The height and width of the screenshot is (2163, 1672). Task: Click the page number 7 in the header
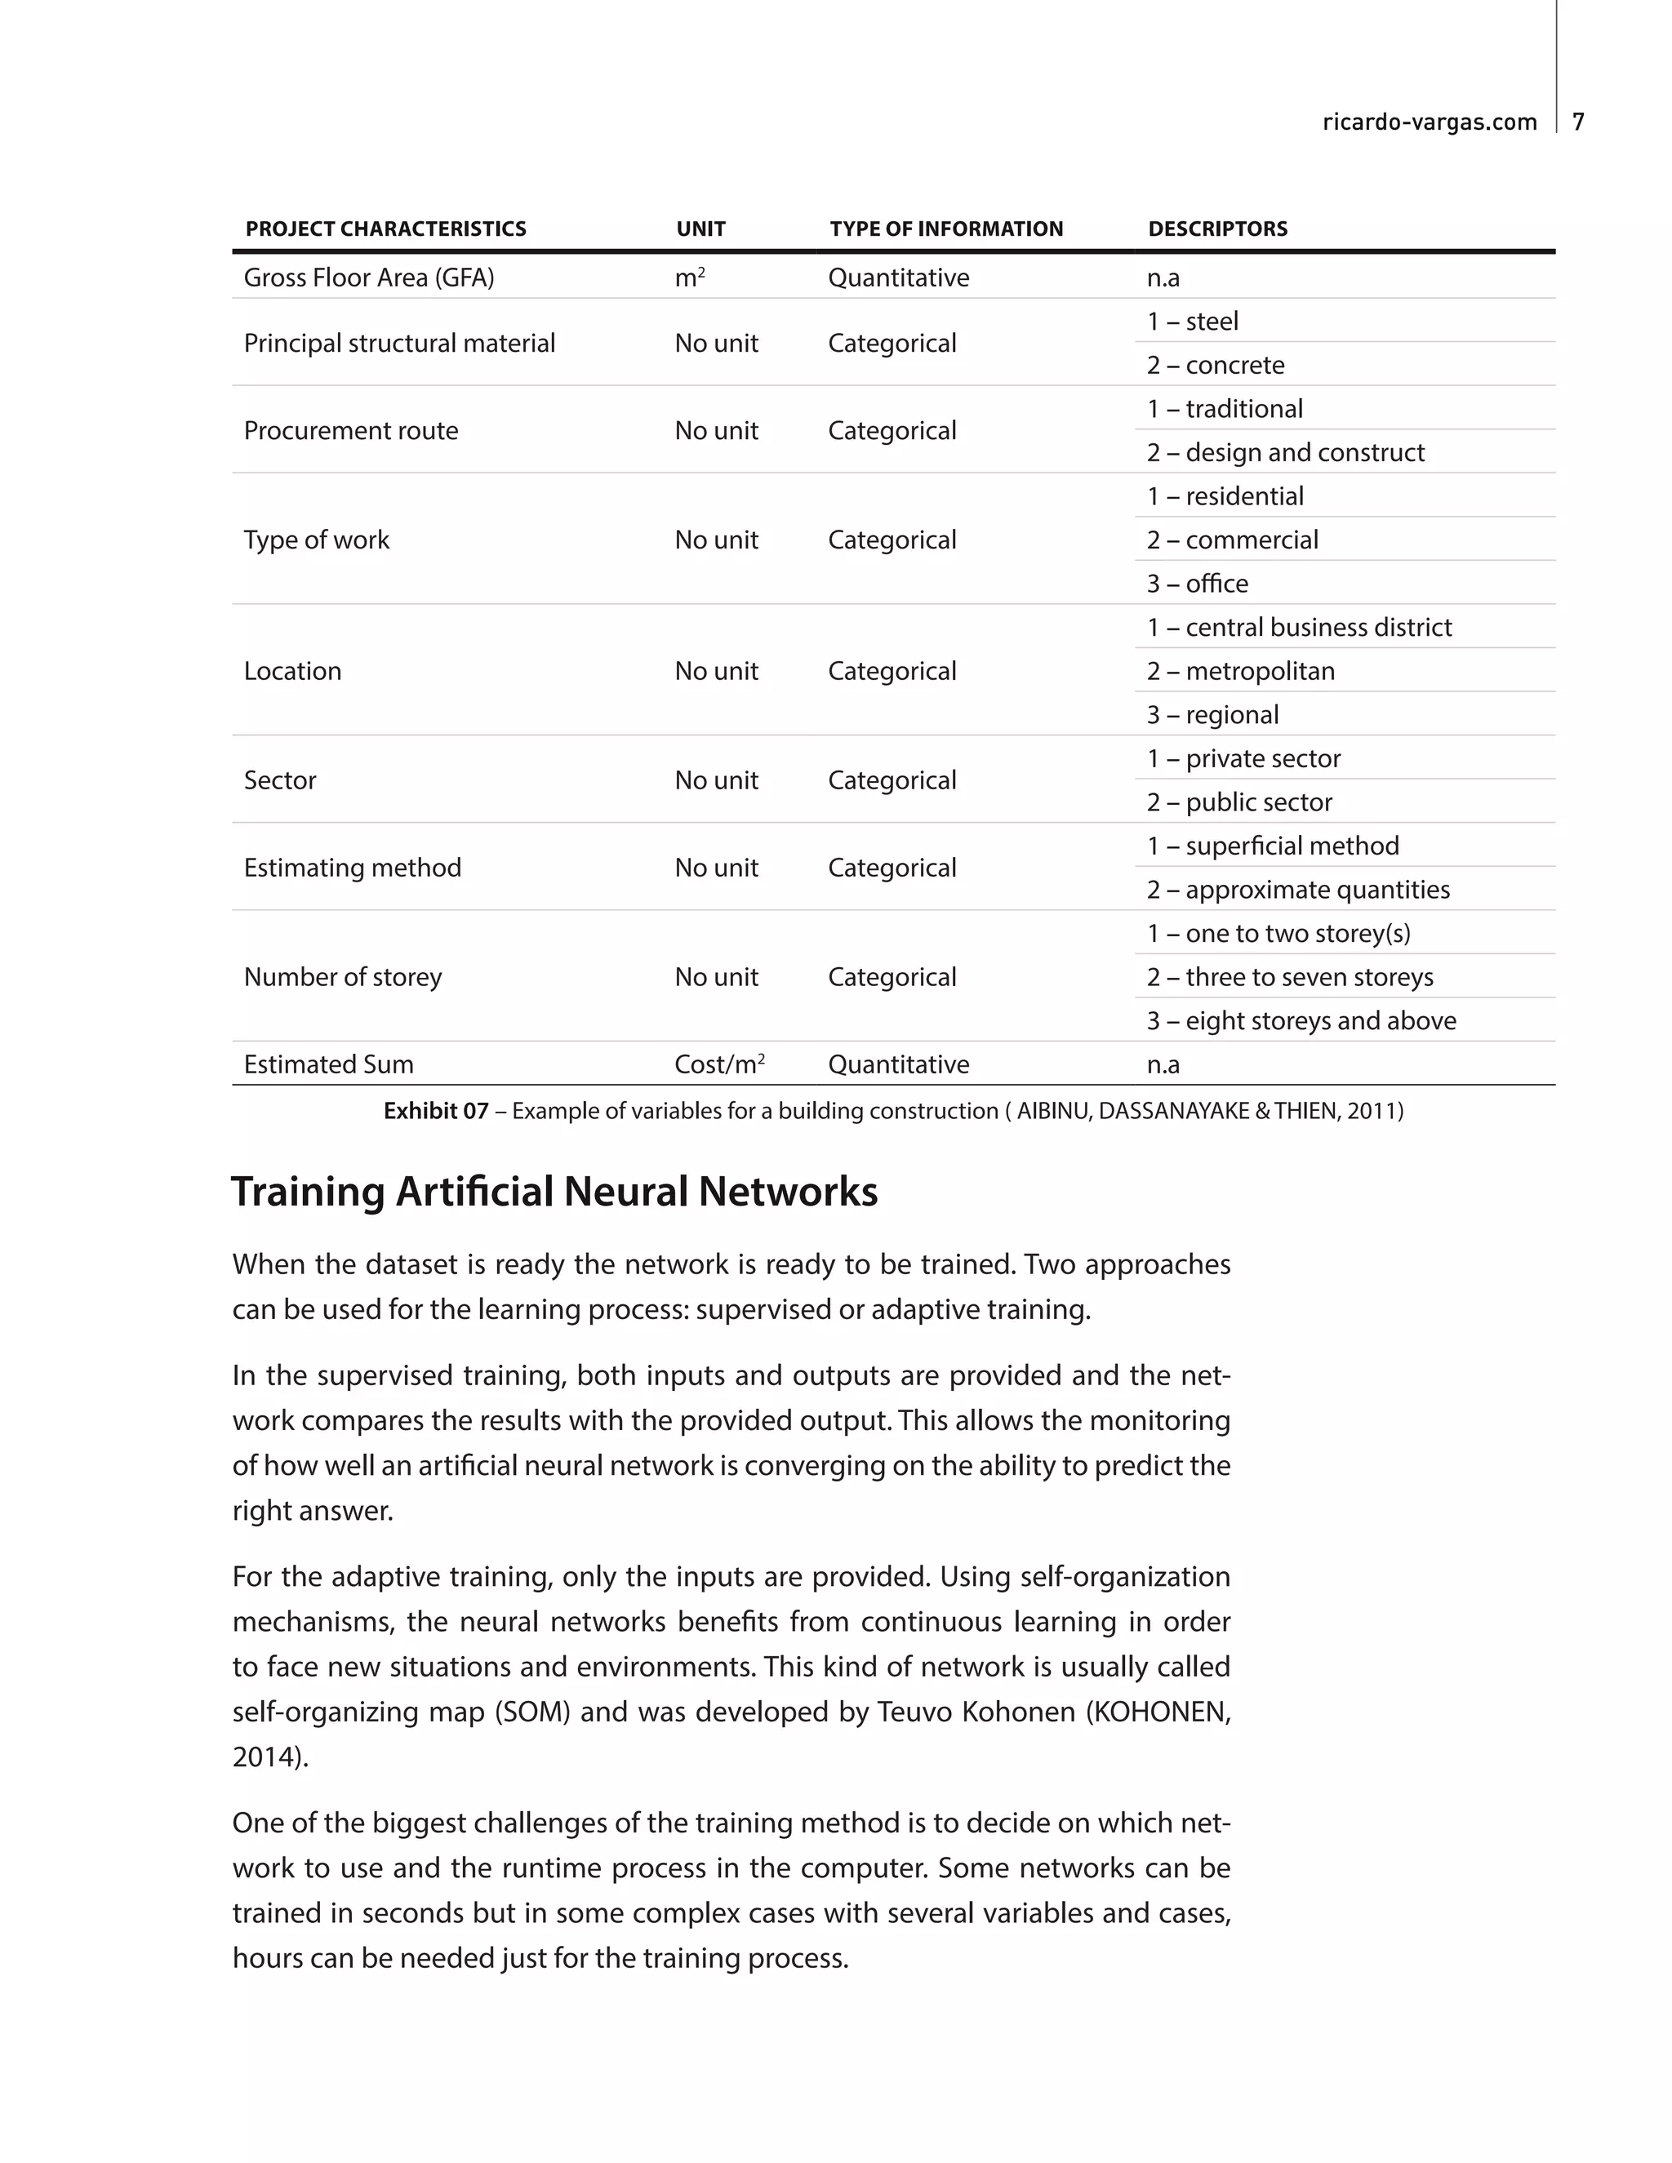coord(1578,122)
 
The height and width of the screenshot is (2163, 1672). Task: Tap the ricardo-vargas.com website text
coord(1430,122)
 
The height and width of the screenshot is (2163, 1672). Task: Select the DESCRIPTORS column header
coord(1217,229)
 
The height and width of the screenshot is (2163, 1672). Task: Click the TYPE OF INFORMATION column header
coord(946,229)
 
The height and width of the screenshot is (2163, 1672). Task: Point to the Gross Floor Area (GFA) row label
coord(368,278)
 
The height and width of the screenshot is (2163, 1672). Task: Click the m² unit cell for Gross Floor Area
coord(689,278)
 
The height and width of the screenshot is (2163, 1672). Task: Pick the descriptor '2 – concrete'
coord(1216,365)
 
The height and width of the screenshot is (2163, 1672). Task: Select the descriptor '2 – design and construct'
coord(1285,453)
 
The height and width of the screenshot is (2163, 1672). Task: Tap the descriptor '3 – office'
coord(1197,584)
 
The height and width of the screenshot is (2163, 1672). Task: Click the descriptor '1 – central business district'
coord(1299,627)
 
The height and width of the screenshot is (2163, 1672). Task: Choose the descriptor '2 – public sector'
coord(1239,802)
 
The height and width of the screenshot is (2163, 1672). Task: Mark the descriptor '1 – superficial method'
coord(1273,846)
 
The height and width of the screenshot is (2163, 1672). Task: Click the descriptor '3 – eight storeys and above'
coord(1301,1020)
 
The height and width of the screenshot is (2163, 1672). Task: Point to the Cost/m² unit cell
coord(719,1064)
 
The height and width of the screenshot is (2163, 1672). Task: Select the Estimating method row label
coord(353,868)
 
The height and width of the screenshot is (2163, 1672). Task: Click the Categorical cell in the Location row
coord(892,672)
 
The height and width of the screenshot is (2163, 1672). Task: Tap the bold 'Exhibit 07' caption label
coord(436,1111)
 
